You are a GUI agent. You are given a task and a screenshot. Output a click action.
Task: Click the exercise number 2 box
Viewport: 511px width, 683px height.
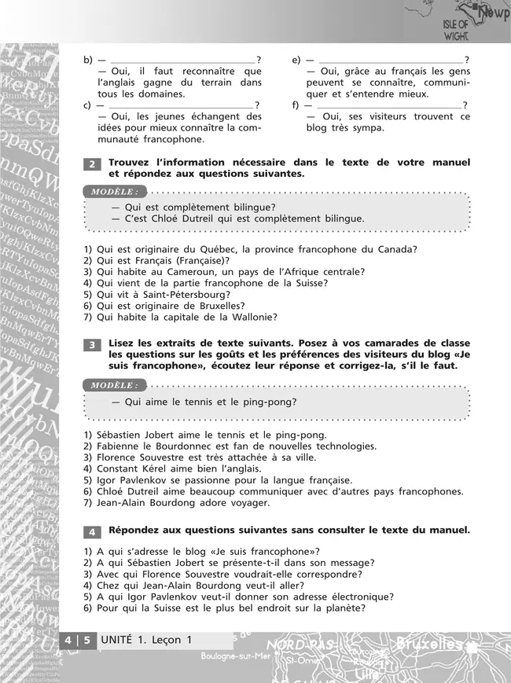(x=91, y=164)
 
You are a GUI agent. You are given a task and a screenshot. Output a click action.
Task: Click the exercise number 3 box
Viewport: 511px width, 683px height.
(x=91, y=345)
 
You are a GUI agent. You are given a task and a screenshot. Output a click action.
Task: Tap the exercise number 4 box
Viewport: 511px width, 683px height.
(x=91, y=531)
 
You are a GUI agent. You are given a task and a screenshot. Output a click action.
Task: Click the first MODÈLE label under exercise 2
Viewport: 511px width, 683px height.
(x=114, y=192)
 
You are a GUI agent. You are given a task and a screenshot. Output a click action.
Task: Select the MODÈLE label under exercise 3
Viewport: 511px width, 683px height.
(x=114, y=385)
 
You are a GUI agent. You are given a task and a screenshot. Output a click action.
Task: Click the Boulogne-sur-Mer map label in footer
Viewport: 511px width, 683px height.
(x=233, y=655)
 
